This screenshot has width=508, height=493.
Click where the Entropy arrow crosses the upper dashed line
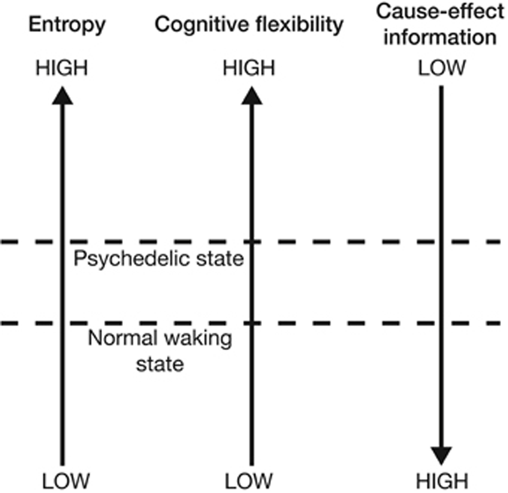[x=63, y=242]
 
